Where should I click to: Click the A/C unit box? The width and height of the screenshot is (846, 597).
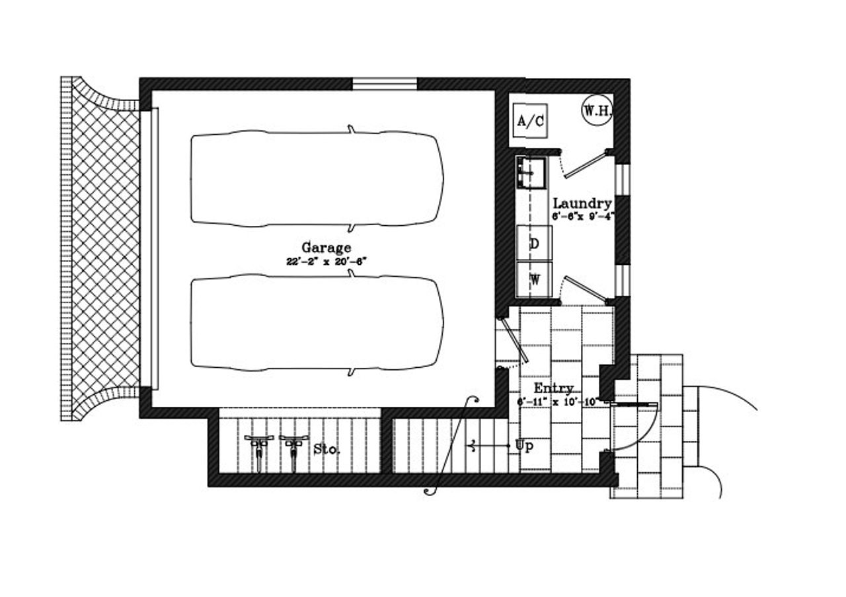[531, 120]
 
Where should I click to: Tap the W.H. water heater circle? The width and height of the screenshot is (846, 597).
[597, 111]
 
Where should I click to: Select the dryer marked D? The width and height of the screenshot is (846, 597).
[534, 243]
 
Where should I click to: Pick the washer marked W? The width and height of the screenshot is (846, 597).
[534, 279]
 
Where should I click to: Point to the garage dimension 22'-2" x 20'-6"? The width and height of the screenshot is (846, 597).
[327, 261]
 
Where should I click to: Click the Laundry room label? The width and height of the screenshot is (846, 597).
[582, 203]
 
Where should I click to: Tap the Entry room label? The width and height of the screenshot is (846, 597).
[553, 388]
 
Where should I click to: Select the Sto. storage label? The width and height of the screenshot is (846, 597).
[327, 449]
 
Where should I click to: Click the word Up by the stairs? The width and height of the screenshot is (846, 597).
[523, 446]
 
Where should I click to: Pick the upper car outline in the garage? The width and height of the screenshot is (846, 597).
[317, 178]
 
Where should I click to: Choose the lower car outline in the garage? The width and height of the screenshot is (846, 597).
[317, 323]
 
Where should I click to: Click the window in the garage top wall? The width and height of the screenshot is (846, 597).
[385, 84]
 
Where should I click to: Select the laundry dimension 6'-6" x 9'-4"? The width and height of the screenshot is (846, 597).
[582, 216]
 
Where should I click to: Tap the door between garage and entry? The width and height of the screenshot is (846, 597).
[513, 341]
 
